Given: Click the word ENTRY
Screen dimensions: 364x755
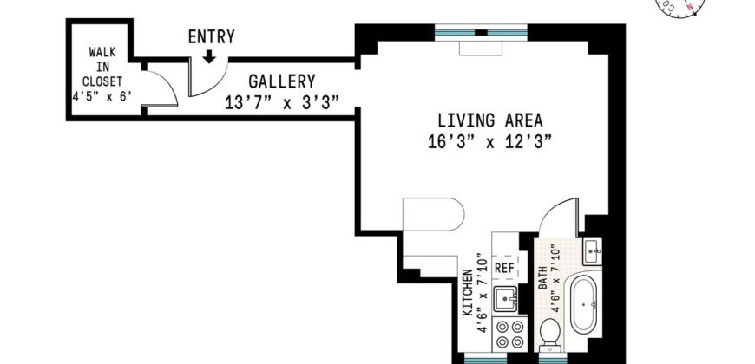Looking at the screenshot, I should click(211, 37).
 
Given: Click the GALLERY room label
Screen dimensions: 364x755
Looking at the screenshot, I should click(282, 81).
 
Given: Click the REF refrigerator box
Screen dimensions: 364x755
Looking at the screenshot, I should click(504, 268).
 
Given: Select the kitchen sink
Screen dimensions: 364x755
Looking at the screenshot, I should click(505, 300).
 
